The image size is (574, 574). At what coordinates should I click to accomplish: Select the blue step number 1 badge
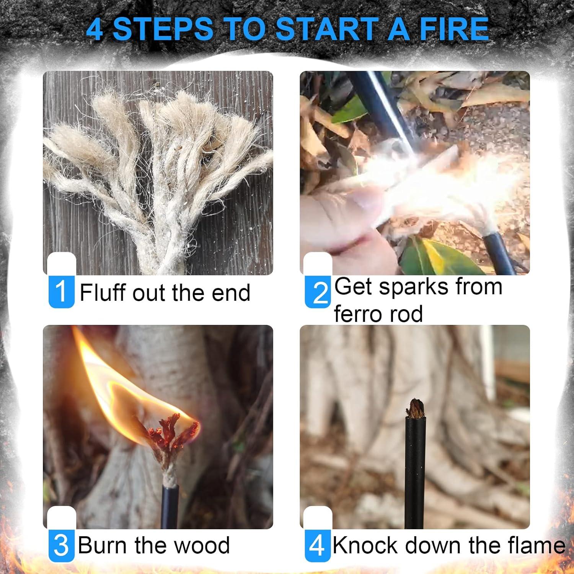[61, 292]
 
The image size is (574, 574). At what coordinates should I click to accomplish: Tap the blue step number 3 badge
[61, 545]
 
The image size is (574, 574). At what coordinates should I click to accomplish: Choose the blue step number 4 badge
[317, 545]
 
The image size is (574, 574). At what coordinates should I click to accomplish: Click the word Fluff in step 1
[103, 293]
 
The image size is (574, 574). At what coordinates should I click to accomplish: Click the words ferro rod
[378, 314]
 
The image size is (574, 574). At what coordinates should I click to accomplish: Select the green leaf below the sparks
[440, 256]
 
